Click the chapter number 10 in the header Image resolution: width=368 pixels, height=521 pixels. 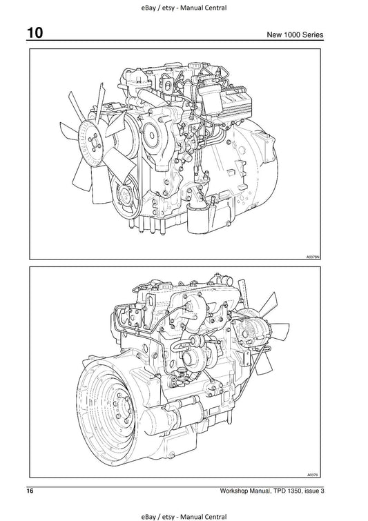click(35, 33)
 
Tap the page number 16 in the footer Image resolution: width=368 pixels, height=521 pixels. click(30, 491)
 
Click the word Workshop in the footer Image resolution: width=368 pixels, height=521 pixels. click(233, 491)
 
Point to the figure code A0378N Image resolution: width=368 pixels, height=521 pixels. click(313, 257)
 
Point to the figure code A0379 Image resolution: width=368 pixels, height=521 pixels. click(313, 475)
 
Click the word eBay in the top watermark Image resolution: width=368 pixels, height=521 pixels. click(148, 8)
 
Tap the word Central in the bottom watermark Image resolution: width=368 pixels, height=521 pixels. click(215, 517)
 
